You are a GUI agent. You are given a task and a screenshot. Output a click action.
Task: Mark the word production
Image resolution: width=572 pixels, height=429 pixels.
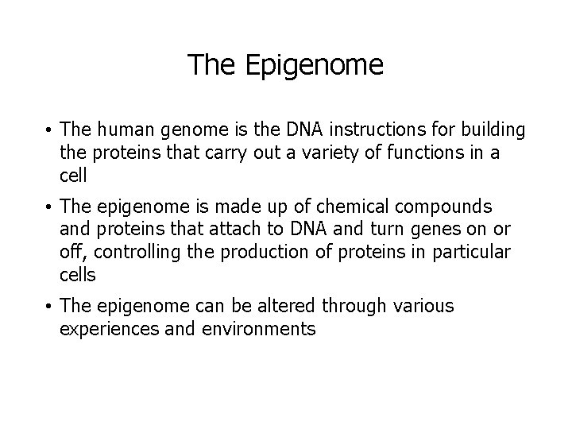(x=245, y=252)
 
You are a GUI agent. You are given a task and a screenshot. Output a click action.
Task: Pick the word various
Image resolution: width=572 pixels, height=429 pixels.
(x=424, y=306)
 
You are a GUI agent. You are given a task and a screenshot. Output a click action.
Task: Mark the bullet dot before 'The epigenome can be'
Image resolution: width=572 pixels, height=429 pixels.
(x=48, y=307)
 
